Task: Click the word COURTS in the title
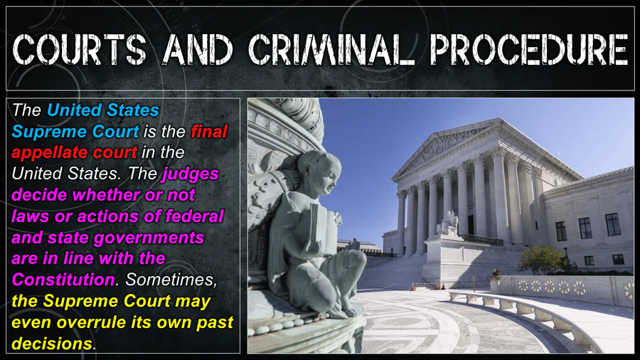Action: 80,49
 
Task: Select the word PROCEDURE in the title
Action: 529,49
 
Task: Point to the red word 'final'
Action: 209,132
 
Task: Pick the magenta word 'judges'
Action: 191,174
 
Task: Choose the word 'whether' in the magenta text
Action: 106,195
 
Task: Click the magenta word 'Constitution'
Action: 63,280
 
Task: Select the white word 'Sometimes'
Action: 171,280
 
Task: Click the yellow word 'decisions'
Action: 52,344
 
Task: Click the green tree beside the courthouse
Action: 542,260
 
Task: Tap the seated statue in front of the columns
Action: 449,223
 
